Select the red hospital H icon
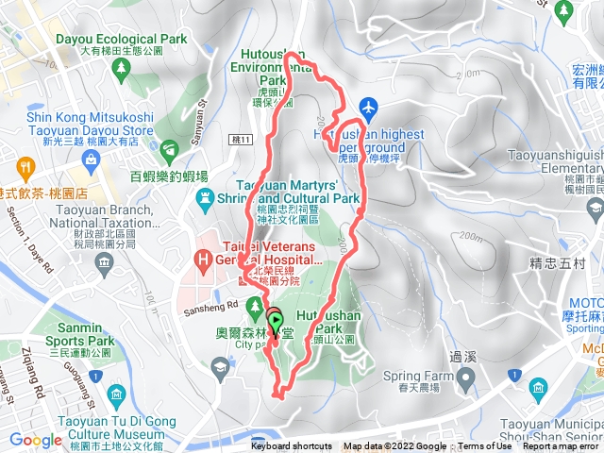200,258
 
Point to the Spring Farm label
419,348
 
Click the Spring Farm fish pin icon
465,353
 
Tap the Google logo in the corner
35,440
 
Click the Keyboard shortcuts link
292,446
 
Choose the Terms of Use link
485,446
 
